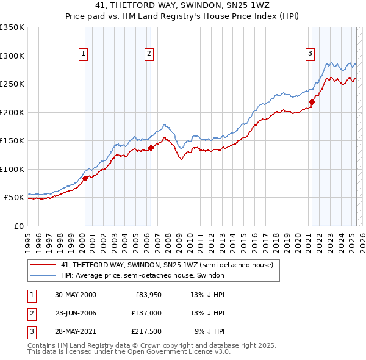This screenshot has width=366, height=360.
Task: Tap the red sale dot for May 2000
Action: [85, 178]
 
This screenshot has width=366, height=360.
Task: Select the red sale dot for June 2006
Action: [151, 148]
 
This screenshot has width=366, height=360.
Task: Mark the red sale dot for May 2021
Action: [312, 103]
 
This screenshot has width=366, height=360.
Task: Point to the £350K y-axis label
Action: [12, 27]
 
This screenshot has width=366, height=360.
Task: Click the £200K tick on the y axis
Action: [12, 112]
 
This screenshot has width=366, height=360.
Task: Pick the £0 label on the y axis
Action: [18, 226]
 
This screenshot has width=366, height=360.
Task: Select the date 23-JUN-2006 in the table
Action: [76, 313]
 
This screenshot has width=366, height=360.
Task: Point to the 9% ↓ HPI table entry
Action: [209, 331]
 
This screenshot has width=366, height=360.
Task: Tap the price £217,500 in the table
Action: [146, 331]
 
